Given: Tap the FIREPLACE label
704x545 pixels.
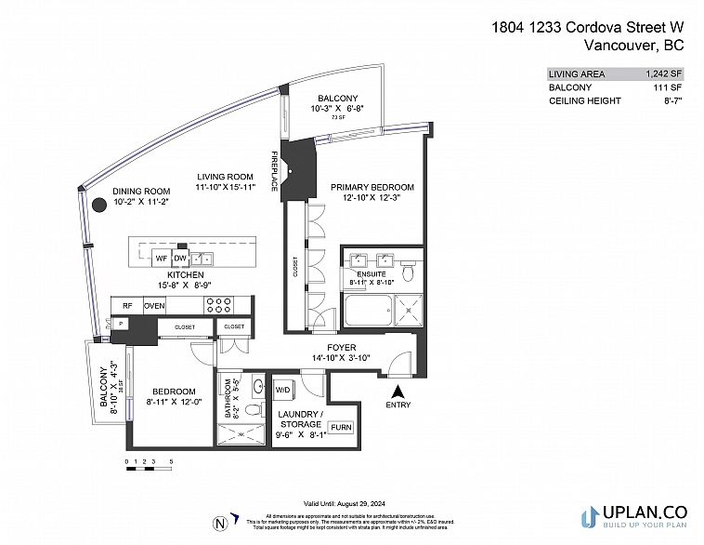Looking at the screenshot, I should point(275,172).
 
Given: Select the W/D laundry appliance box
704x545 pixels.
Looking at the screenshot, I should point(282,388).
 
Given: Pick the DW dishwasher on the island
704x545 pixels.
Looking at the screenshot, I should point(181,258).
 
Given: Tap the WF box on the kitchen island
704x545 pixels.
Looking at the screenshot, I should point(160,258).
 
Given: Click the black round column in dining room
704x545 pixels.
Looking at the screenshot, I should point(98,206).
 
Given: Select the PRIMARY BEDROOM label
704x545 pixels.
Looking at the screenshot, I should point(372,187).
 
